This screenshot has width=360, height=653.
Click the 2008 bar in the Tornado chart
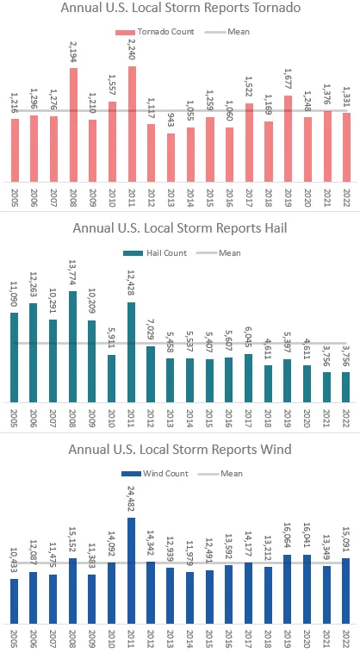click(x=73, y=125)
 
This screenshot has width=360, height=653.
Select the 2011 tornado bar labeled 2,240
click(x=132, y=124)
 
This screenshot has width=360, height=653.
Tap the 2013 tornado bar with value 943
click(x=171, y=158)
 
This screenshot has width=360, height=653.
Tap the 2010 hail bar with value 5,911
click(x=112, y=378)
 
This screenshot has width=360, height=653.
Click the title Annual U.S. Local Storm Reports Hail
click(x=180, y=229)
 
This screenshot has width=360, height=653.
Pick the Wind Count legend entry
click(x=157, y=473)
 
